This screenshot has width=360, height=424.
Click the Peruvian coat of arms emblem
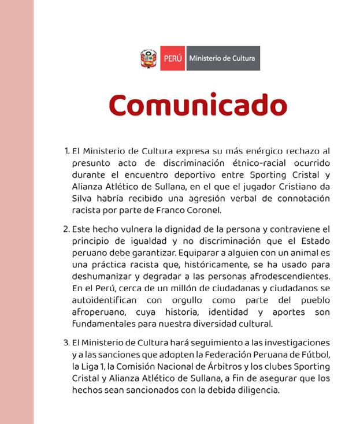pos(149,58)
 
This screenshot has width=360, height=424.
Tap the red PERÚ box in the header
pos(172,58)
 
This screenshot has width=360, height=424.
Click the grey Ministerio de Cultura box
pos(222,58)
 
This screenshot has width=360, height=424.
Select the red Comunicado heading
pos(198,105)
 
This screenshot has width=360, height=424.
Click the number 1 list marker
pos(66,151)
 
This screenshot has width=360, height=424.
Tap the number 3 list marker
pos(66,343)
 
